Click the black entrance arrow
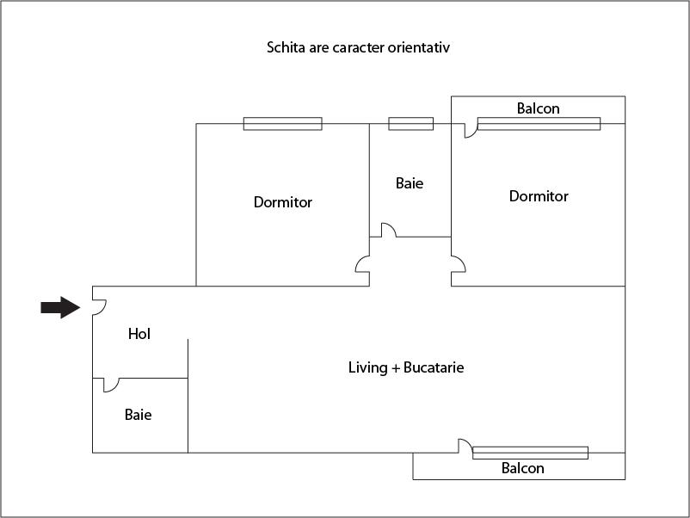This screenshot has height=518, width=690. pos(60,307)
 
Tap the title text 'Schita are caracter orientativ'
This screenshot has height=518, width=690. pos(358,47)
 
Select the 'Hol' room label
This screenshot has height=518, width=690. pos(139,334)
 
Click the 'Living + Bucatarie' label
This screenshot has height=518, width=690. pos(406,367)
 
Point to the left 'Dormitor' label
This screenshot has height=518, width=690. pos(282,203)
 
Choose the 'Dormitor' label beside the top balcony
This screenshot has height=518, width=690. pos(539,196)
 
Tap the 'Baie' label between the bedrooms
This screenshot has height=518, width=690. pos(410,183)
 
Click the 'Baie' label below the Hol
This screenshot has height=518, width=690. pos(138,415)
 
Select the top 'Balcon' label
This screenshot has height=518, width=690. pos(538,108)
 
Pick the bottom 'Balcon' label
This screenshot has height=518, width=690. pos(522,468)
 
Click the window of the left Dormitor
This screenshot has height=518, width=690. pos(282,123)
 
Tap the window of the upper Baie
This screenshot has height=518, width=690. pos(410,123)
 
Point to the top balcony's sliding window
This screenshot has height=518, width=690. pos(539,124)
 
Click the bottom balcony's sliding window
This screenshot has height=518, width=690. pos(530,452)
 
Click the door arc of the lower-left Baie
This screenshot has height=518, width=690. pos(111,385)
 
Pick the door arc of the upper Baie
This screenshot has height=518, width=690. pos(388,230)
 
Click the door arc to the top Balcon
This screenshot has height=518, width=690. pos(470,131)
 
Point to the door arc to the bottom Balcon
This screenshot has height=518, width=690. pos(465,445)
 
